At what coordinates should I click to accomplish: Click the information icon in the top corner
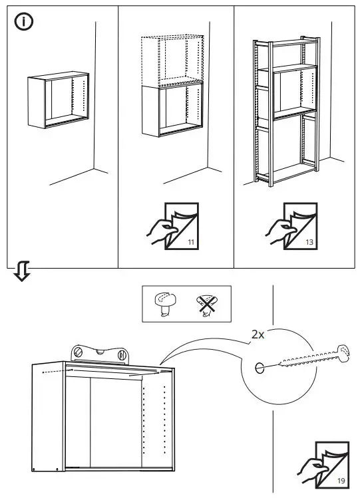coord(23,22)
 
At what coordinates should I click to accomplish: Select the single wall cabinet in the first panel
coord(58,100)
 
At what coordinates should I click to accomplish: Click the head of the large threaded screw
coord(343,350)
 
